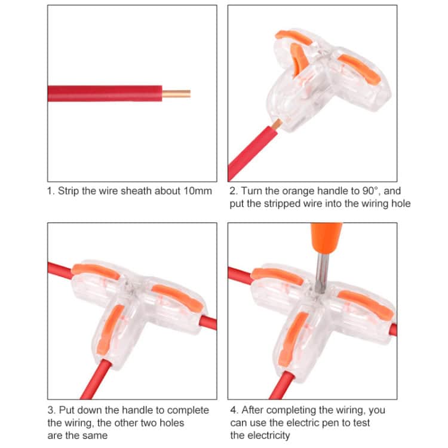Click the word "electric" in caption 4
[297, 422]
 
